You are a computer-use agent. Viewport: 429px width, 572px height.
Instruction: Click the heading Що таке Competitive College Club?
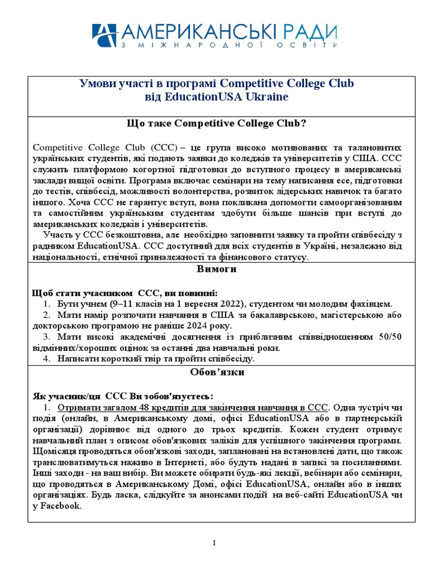pos(217,123)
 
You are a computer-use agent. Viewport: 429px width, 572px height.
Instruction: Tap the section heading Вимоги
pos(217,269)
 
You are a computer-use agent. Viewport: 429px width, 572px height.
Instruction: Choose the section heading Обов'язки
pos(217,371)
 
